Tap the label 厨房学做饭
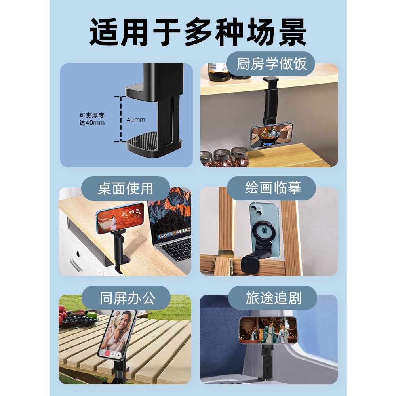point(271,64)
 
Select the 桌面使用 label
point(126,188)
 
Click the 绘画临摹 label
point(273,188)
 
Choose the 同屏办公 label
point(126,298)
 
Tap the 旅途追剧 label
point(273,298)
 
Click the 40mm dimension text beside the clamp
point(136,120)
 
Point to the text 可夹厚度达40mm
point(92,119)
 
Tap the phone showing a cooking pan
point(272,134)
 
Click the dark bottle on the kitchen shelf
point(219,72)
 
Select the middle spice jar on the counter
point(223,158)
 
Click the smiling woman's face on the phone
point(123,320)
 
